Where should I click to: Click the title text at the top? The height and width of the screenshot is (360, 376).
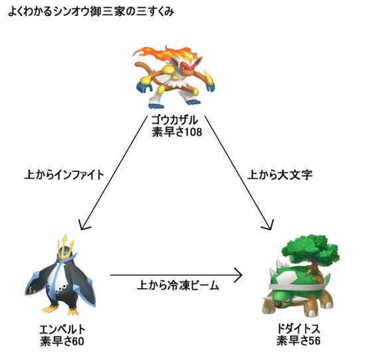click(91, 12)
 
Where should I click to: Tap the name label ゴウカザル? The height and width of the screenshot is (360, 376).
click(175, 120)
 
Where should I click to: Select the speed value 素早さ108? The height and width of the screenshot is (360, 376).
click(177, 132)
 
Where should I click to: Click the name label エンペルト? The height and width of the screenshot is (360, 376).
click(62, 329)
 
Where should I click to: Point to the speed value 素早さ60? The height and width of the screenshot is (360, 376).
click(62, 341)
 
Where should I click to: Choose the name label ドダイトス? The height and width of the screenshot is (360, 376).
click(298, 329)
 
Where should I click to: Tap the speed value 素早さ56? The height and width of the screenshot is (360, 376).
click(298, 341)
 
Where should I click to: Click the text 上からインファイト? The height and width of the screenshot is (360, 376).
click(64, 175)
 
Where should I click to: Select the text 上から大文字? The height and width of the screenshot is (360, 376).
click(280, 175)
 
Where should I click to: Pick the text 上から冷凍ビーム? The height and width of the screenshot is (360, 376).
click(178, 286)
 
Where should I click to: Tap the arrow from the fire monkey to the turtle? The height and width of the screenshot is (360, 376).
click(239, 173)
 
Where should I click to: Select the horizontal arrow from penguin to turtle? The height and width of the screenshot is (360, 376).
click(176, 275)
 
